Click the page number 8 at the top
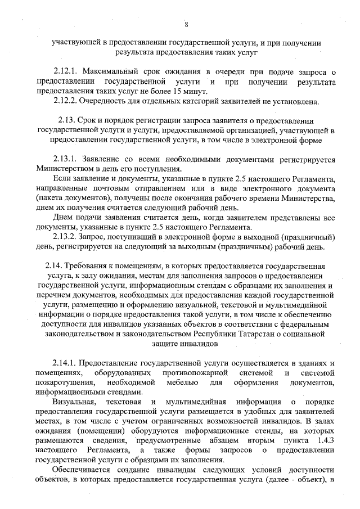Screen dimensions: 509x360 pos(186,24)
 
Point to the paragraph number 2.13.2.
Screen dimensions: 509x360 pos(65,237)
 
